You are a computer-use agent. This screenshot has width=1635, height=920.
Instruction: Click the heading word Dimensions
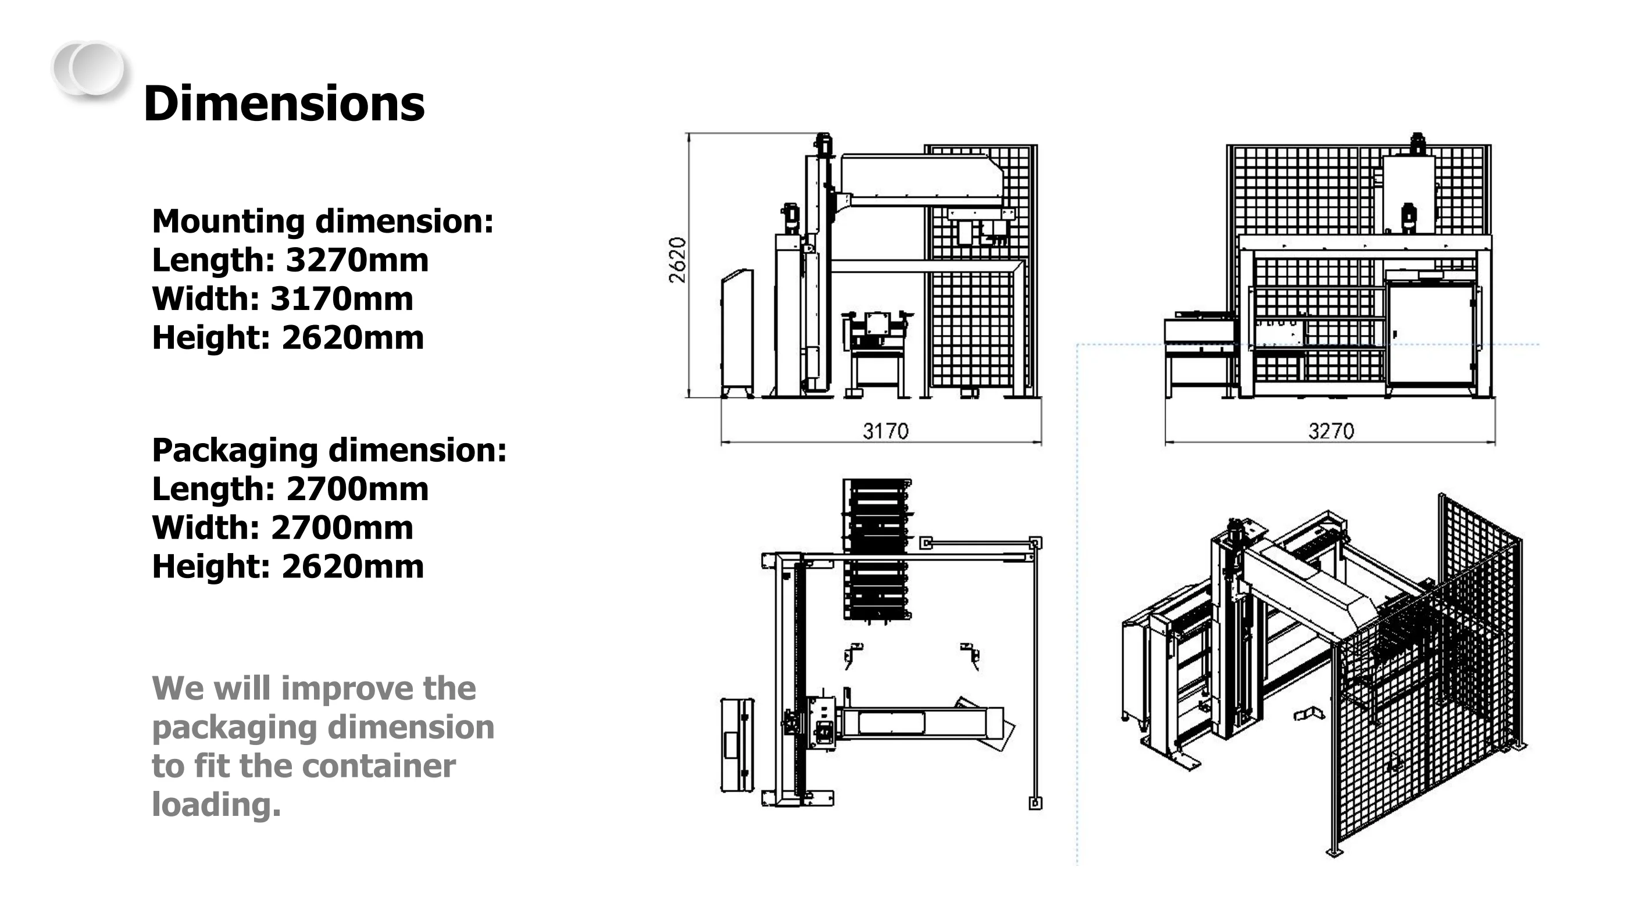click(x=284, y=104)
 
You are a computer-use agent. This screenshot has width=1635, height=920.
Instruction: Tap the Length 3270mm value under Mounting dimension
click(x=290, y=261)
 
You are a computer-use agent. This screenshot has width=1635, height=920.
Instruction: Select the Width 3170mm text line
click(x=283, y=299)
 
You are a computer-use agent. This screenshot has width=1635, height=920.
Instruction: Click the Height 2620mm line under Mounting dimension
click(x=288, y=338)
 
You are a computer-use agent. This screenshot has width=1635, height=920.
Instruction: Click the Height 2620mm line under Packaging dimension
click(x=288, y=567)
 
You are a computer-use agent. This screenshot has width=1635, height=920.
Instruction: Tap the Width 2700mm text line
click(x=283, y=528)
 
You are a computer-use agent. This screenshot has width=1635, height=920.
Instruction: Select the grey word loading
click(x=216, y=805)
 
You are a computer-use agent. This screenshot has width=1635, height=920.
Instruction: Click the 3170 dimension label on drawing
click(x=886, y=432)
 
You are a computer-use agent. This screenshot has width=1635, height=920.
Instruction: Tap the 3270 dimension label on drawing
click(x=1331, y=432)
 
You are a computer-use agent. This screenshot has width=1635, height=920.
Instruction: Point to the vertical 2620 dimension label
click(x=678, y=260)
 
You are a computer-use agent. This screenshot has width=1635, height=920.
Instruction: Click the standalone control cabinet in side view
click(x=737, y=333)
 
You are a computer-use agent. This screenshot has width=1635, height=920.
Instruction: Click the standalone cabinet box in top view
click(x=737, y=746)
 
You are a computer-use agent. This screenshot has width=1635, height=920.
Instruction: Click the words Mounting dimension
click(x=323, y=222)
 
